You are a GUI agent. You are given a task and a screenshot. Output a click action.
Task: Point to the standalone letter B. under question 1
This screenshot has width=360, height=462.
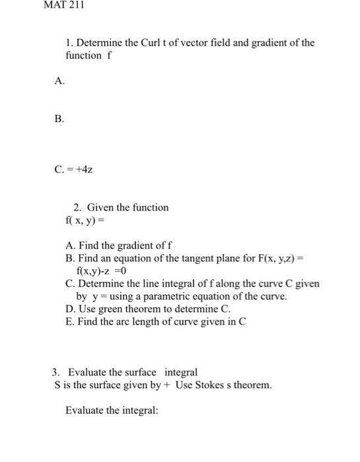coord(59,119)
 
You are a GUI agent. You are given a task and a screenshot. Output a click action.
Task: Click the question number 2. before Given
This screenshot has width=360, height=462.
coord(77,207)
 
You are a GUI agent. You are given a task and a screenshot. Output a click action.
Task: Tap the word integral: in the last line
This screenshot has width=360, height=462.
coord(141,410)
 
